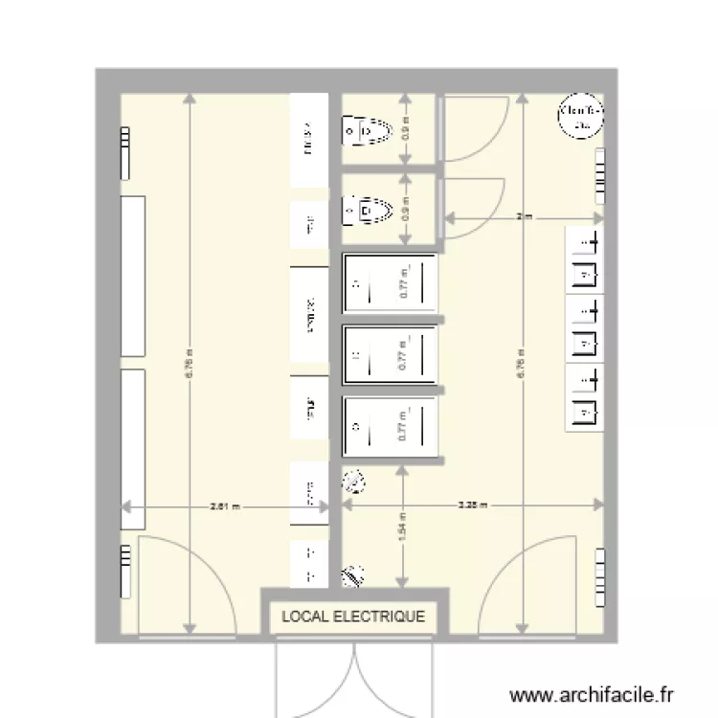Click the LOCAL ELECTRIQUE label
pos(352,617)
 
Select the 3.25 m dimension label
pos(473,505)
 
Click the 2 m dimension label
pos(523,217)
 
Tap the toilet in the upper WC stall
pos(369,129)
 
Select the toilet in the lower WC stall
pos(369,208)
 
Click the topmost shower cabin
pos(390,282)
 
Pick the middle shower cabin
pos(390,356)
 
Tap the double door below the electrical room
pos(353,675)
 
